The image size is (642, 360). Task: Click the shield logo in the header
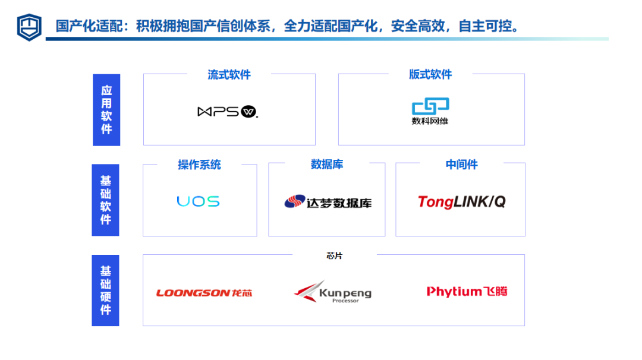(x=29, y=27)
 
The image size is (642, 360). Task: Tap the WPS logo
(x=228, y=112)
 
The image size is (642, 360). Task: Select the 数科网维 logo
(x=430, y=111)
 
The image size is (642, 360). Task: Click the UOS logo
(x=198, y=201)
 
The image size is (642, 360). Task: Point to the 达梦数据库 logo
(x=328, y=202)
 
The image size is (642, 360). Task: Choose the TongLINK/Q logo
(x=461, y=202)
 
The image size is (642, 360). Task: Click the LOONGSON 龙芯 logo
(x=204, y=292)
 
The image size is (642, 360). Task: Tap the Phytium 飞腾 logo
(x=467, y=291)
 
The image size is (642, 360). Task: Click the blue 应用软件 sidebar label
(x=106, y=109)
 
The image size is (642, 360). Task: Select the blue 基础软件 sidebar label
(x=105, y=200)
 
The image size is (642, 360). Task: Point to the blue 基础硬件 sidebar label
(x=105, y=290)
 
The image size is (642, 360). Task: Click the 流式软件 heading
(x=229, y=74)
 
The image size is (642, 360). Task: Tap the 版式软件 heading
(x=430, y=74)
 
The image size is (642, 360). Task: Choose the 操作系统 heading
(x=199, y=165)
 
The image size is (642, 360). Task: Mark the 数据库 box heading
(x=327, y=164)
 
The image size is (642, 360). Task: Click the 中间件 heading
(x=461, y=165)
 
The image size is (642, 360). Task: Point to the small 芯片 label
(x=335, y=256)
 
